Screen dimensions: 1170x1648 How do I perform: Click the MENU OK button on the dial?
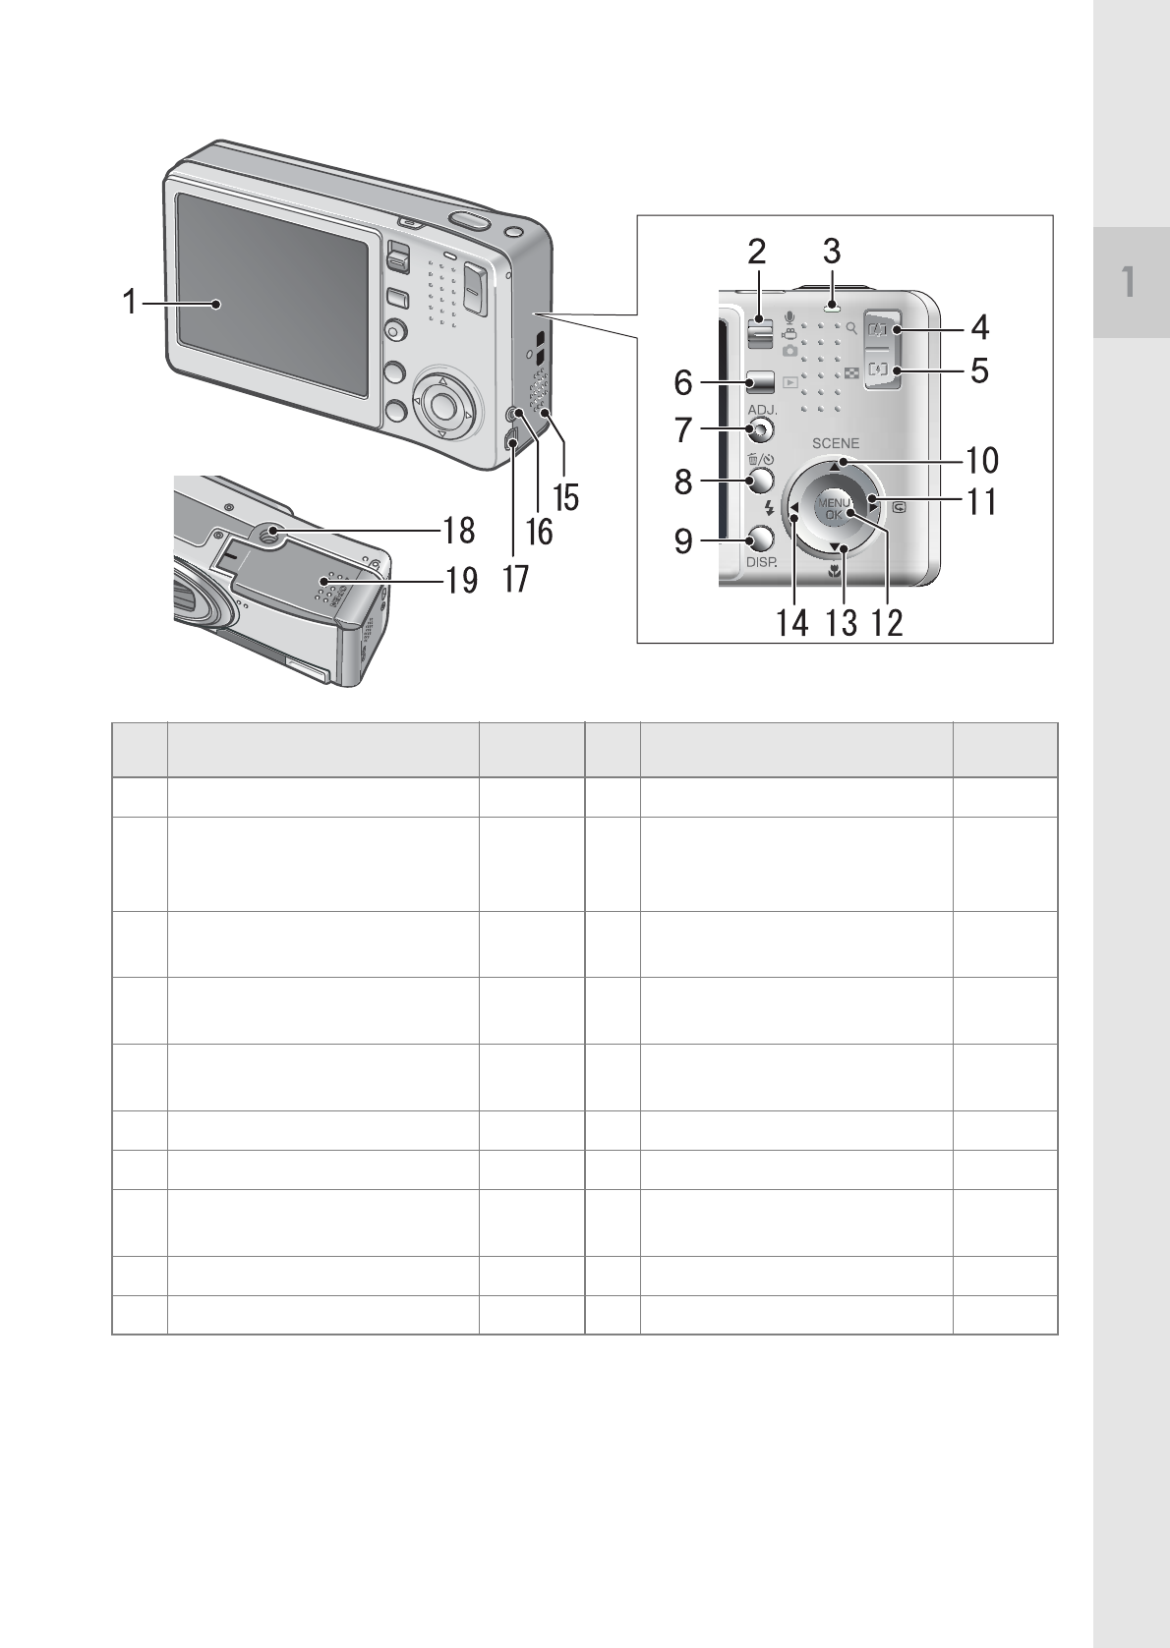833,508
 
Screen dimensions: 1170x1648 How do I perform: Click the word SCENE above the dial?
836,443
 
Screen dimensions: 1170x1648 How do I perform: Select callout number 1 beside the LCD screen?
130,302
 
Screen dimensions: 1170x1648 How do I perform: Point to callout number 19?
461,580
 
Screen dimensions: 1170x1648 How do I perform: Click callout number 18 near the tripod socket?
459,531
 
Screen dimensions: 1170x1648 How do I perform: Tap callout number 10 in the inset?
981,460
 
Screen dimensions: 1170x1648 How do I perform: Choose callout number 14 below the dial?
792,623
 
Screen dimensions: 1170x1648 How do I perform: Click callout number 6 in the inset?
683,382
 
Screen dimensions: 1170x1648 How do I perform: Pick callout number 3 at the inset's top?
832,252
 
